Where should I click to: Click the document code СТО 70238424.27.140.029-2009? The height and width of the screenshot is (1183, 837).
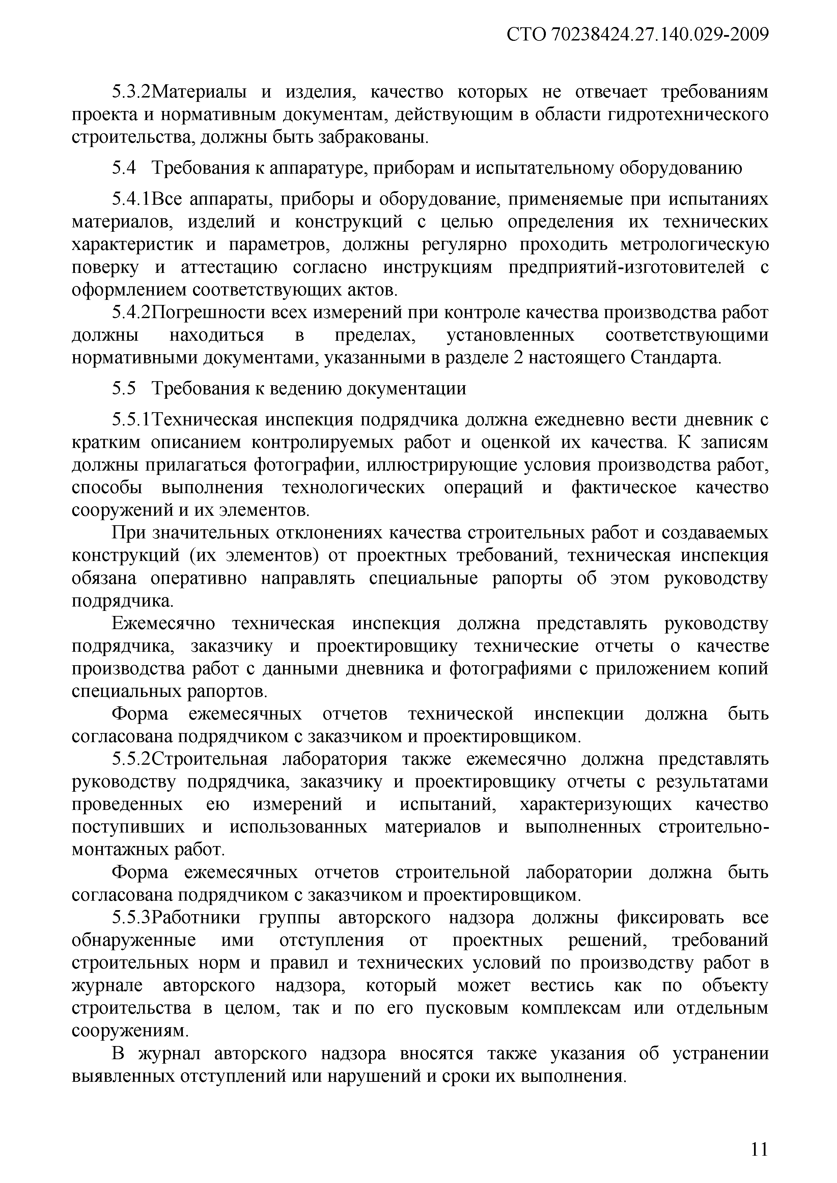pos(638,35)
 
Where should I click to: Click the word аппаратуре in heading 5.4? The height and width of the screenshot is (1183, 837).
pos(315,168)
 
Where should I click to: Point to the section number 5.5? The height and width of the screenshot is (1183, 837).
pos(124,389)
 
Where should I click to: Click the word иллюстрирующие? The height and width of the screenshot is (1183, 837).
pos(444,465)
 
